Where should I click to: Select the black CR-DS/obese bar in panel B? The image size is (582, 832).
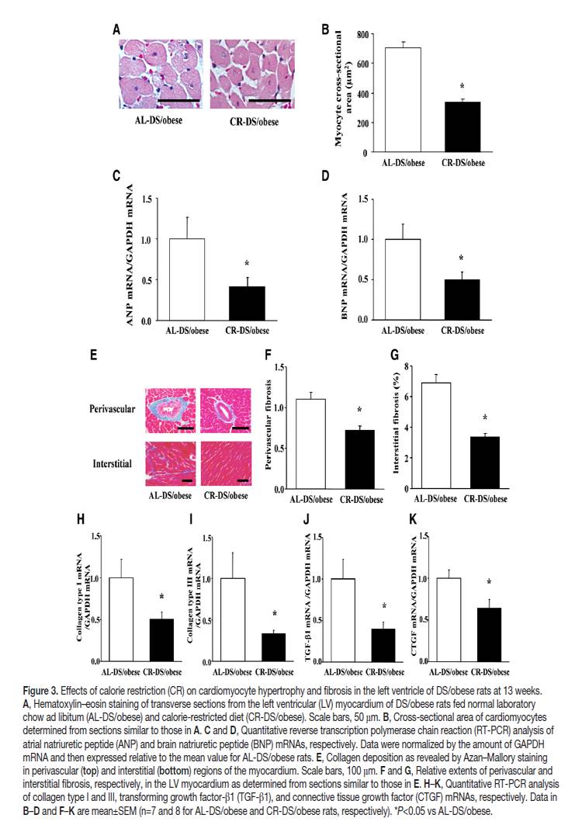click(462, 127)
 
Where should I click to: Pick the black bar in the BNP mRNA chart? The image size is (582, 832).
click(462, 300)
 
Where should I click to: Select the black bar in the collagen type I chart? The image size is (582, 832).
click(161, 639)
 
